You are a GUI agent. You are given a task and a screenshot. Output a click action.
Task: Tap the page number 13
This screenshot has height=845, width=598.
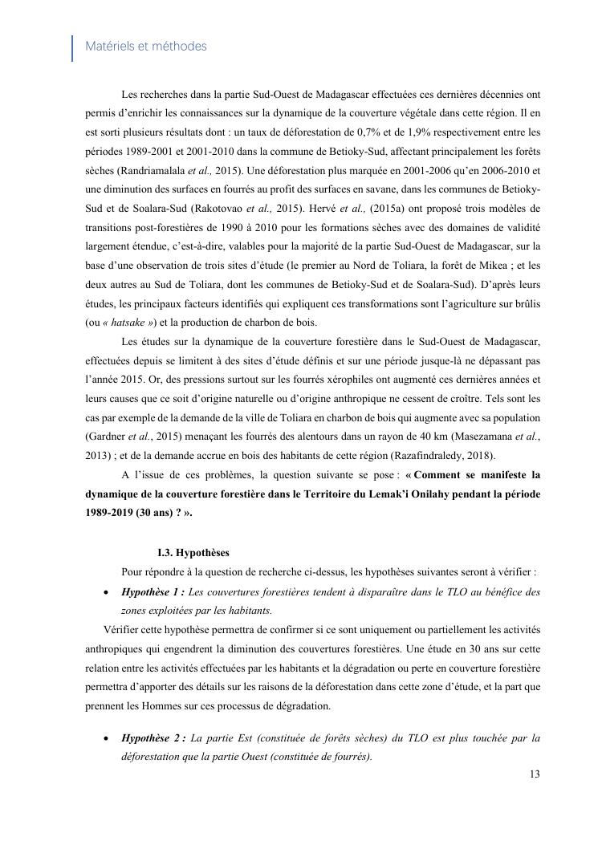tap(535, 774)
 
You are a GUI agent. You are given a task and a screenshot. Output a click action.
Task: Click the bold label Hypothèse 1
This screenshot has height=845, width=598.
tap(153, 592)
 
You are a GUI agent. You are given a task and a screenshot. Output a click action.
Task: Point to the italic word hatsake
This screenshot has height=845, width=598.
tap(125, 323)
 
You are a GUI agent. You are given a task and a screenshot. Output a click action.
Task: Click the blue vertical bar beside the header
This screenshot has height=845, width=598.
tap(73, 47)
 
